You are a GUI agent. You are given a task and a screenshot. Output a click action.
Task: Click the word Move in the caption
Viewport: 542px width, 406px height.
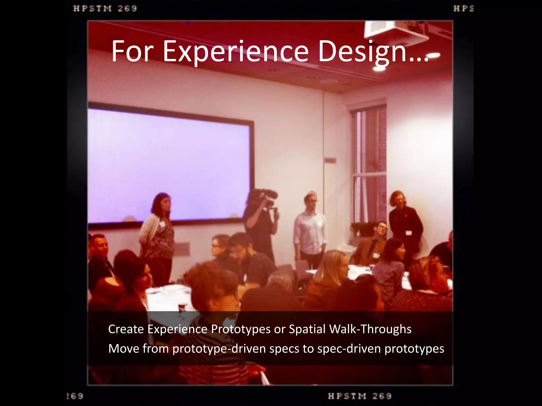pyautogui.click(x=124, y=349)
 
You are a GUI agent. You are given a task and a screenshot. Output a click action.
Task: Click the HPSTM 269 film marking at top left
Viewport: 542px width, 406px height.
pyautogui.click(x=105, y=9)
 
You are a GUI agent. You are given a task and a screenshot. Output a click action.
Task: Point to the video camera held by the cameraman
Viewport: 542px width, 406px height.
pyautogui.click(x=263, y=197)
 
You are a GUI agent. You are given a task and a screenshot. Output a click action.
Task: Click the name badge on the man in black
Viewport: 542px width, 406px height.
pyautogui.click(x=408, y=233)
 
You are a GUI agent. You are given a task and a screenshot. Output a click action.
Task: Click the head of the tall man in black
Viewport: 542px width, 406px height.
pyautogui.click(x=398, y=199)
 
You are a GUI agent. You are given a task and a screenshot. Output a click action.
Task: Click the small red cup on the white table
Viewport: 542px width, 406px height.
pyautogui.click(x=182, y=307)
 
